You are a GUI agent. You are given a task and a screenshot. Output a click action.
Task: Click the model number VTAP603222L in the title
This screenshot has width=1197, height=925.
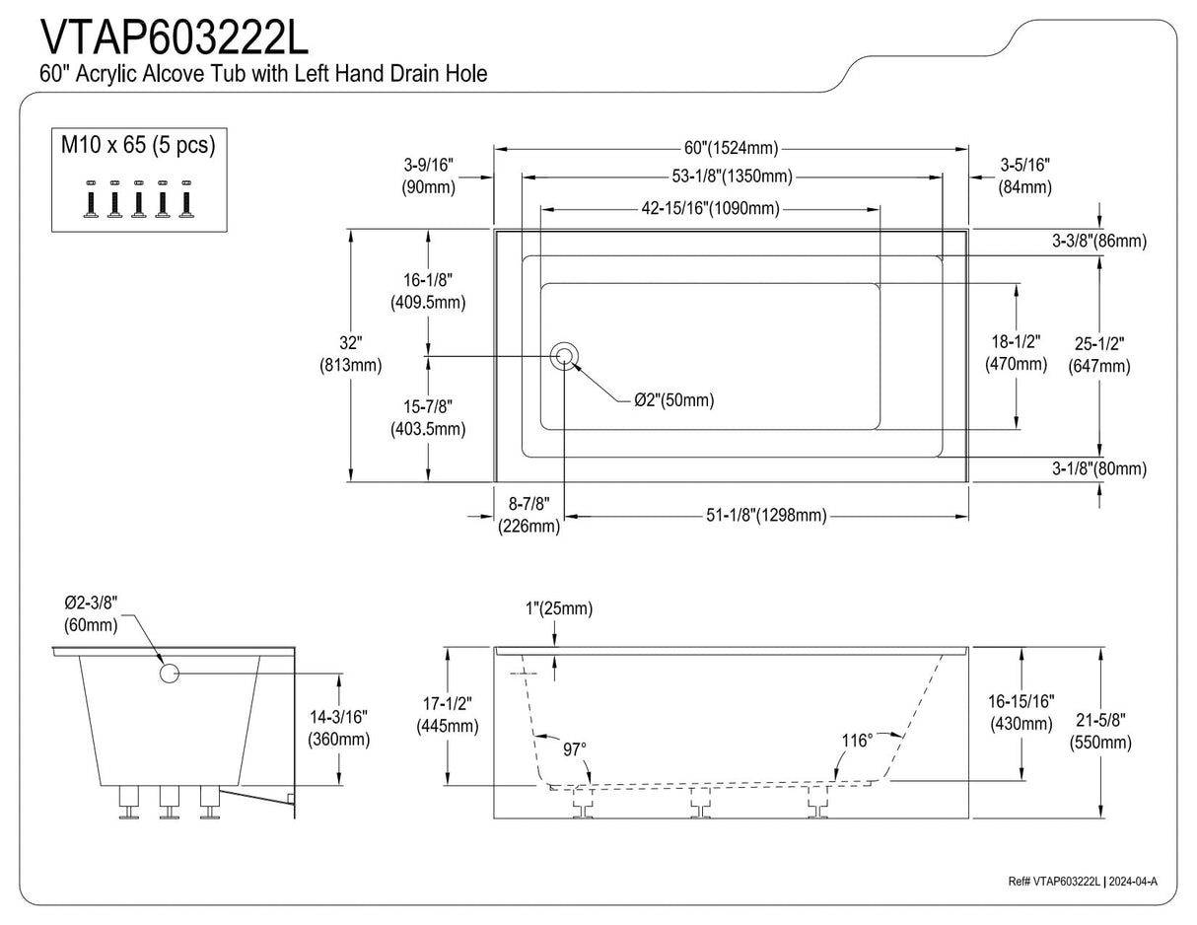(175, 38)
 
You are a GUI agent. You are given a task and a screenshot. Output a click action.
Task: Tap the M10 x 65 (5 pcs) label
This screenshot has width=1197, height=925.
(138, 145)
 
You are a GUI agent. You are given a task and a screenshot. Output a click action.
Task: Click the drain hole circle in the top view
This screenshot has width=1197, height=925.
(564, 356)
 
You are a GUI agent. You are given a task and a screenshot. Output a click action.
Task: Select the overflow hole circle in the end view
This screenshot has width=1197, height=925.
(170, 674)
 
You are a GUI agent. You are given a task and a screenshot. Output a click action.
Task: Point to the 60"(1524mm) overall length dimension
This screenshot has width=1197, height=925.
(731, 148)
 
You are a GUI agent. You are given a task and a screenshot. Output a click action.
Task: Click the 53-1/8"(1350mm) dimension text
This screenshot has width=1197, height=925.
(732, 177)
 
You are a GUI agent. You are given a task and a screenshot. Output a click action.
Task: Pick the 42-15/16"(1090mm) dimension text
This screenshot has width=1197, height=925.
(711, 209)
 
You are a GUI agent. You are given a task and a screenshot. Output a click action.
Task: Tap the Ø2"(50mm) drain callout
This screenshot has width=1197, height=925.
(673, 400)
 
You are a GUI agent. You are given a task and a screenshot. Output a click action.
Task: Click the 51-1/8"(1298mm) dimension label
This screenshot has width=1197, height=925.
(766, 515)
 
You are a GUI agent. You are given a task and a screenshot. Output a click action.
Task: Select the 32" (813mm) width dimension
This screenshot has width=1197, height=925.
(351, 354)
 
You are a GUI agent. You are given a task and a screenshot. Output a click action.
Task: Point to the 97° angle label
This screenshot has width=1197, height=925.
(575, 749)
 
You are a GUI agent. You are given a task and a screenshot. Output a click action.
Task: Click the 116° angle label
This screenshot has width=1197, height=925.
(857, 741)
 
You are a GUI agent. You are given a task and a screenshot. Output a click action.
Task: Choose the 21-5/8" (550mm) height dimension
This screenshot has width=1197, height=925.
(1100, 731)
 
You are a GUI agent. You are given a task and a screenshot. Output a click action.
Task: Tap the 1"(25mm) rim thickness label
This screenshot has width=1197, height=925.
(558, 608)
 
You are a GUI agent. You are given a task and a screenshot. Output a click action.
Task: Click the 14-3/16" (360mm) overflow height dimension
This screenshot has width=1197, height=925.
(339, 728)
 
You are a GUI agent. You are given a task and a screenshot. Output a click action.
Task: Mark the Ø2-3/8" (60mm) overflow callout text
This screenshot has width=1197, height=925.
(91, 614)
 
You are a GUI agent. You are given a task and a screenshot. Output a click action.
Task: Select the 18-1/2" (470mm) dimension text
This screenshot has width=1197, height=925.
(1017, 353)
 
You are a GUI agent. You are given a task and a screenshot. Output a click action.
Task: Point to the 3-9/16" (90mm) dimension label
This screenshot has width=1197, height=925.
(429, 176)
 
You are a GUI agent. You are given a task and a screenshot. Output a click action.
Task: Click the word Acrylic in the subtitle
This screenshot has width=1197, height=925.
(106, 74)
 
